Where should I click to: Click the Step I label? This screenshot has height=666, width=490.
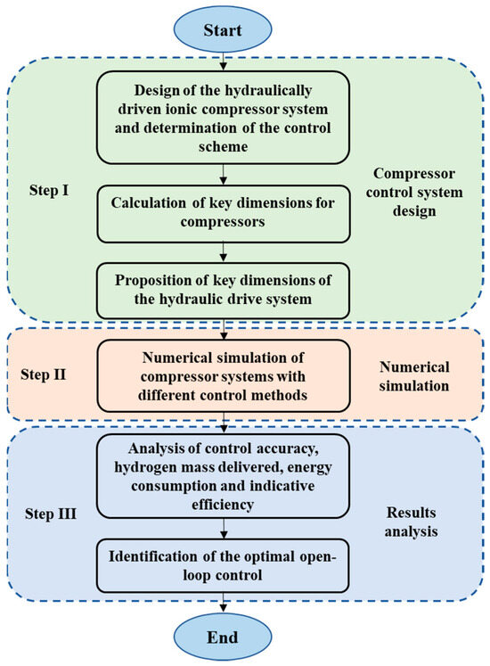point(55,190)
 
